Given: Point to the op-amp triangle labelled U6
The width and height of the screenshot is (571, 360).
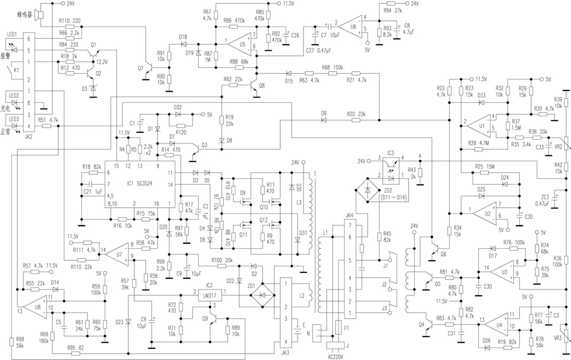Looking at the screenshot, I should (x=350, y=23).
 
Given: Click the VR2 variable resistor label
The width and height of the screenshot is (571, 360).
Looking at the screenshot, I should (x=558, y=147).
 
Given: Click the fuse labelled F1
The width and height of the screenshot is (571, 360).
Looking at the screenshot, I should (x=338, y=328).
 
